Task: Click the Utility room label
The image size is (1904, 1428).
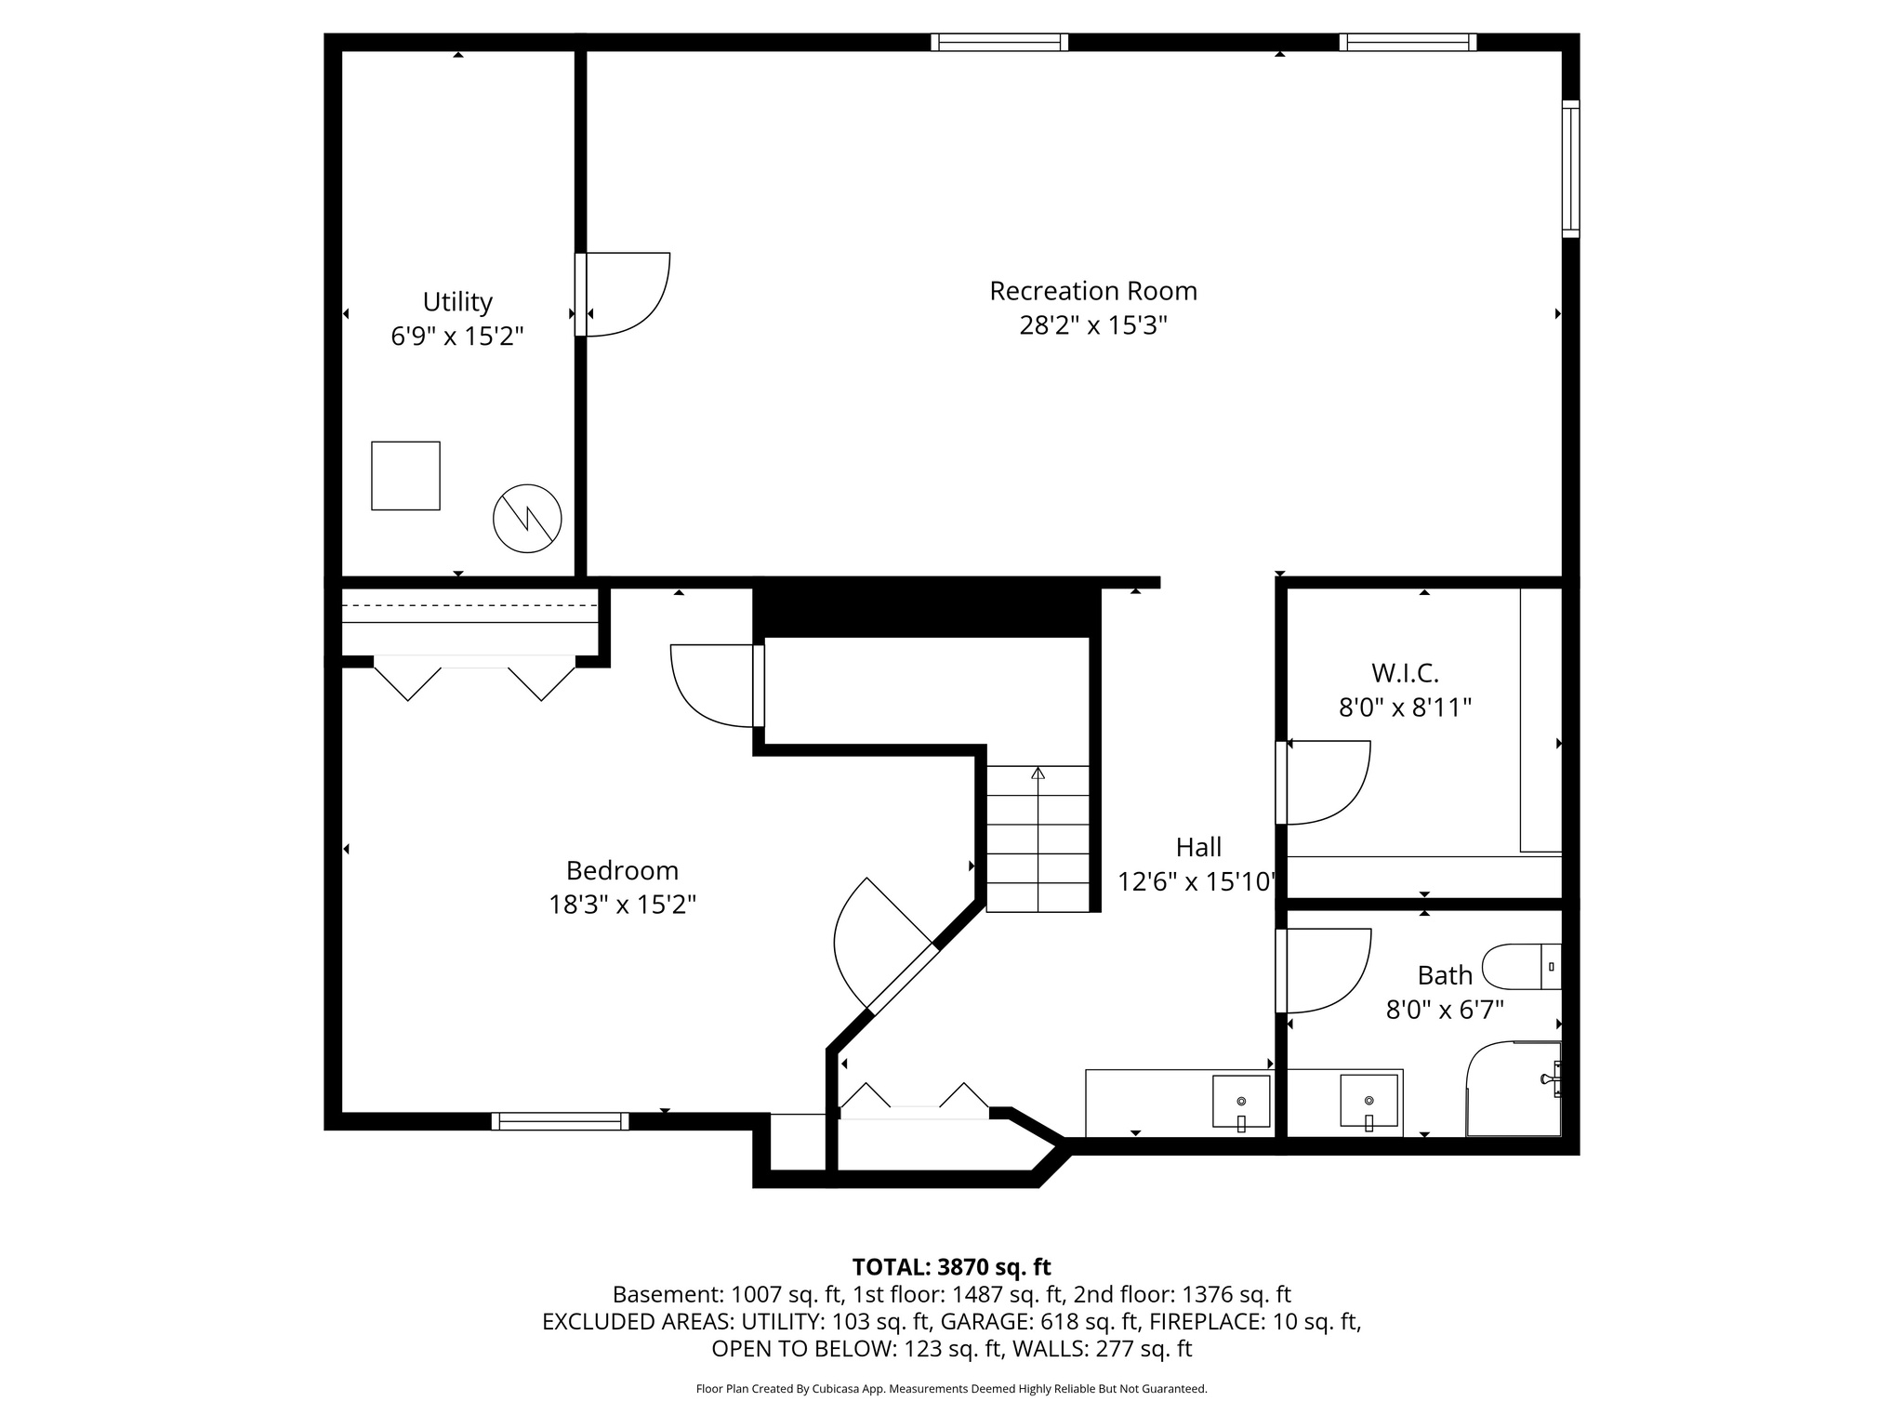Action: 456,302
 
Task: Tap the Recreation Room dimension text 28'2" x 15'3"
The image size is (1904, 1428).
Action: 1092,325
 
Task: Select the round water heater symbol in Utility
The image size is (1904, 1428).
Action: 527,518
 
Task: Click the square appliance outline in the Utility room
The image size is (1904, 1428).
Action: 405,475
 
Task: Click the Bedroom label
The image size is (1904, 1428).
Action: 622,870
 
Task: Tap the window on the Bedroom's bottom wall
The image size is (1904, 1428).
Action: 560,1121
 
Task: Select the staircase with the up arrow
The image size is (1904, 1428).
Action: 1038,839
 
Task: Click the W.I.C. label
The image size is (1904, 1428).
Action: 1404,672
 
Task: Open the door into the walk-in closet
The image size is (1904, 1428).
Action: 1325,782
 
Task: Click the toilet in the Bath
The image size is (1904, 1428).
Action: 1520,967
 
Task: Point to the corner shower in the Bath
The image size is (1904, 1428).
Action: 1514,1090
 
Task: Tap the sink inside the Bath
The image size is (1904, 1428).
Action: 1368,1101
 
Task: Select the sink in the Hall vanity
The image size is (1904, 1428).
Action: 1241,1101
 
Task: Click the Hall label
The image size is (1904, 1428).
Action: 1198,847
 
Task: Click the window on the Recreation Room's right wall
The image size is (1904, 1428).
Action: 1570,168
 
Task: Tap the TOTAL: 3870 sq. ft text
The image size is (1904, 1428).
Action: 951,1266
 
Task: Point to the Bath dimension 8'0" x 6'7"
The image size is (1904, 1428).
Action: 1444,1010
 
